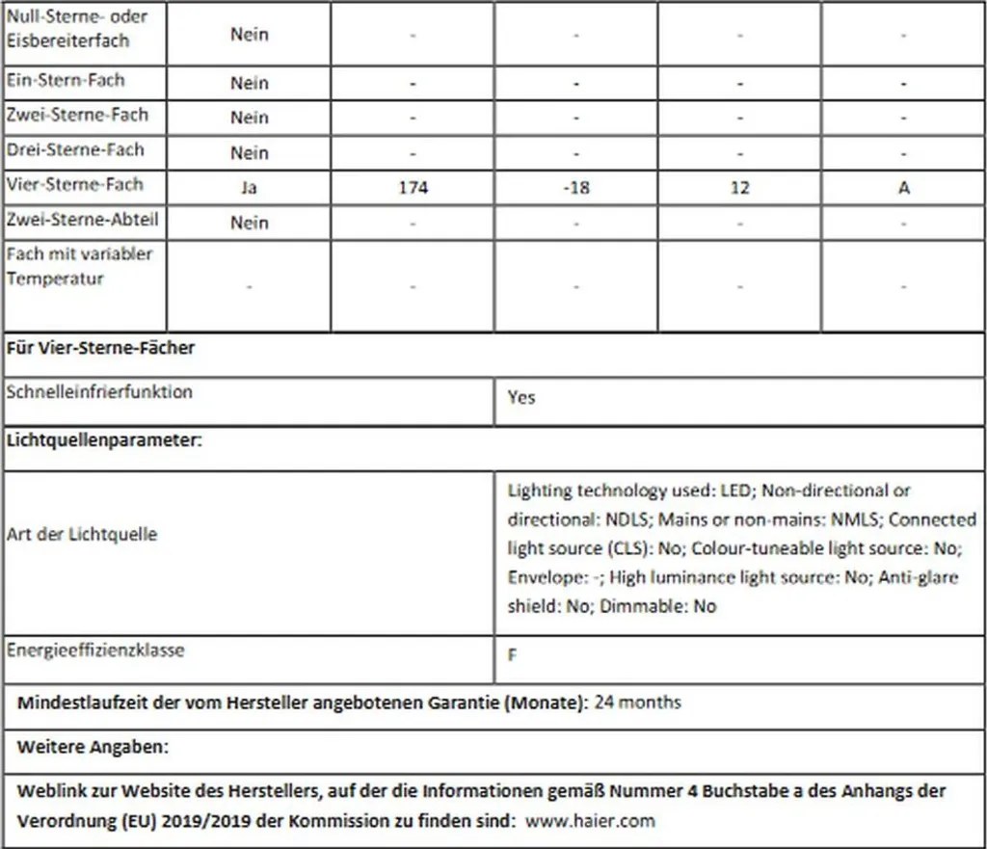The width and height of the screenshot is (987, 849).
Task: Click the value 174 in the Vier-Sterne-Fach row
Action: click(413, 188)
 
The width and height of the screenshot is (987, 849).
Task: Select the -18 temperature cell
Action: click(575, 188)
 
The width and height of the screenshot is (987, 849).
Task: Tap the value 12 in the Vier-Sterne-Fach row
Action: click(739, 188)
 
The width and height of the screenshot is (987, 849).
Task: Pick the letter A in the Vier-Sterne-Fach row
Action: click(903, 188)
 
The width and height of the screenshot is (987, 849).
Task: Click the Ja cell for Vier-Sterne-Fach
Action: click(249, 188)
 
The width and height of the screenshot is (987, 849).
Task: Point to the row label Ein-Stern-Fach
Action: click(65, 80)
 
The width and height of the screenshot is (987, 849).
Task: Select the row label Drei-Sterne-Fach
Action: click(74, 150)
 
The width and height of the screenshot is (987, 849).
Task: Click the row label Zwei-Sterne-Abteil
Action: click(82, 220)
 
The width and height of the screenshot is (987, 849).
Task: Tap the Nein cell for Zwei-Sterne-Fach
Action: click(249, 118)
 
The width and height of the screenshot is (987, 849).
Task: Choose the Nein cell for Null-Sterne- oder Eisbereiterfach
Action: click(249, 35)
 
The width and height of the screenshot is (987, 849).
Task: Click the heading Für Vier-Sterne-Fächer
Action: click(100, 348)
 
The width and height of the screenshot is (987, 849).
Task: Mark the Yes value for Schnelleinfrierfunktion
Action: click(520, 397)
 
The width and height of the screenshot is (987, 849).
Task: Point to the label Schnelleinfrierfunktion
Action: click(99, 392)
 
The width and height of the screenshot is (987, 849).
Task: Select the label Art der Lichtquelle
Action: click(81, 534)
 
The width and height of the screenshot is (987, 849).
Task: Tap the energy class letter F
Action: click(512, 655)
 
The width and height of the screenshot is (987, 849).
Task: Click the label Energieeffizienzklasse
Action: click(95, 650)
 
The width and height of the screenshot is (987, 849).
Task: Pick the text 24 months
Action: click(637, 702)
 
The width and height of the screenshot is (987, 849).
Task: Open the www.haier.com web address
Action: click(591, 821)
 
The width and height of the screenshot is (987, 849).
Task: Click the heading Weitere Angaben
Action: click(93, 747)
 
